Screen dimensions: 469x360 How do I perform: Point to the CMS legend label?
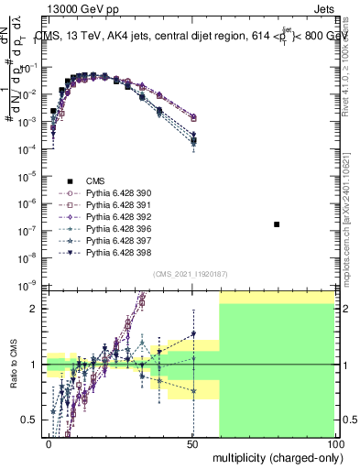(x=95, y=181)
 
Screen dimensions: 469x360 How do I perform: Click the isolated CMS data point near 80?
(x=277, y=224)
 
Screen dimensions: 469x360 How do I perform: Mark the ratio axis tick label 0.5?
(x=28, y=420)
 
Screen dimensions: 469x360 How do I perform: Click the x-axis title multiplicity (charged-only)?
(x=276, y=456)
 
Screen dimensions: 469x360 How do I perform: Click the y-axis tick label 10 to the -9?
(x=29, y=284)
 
